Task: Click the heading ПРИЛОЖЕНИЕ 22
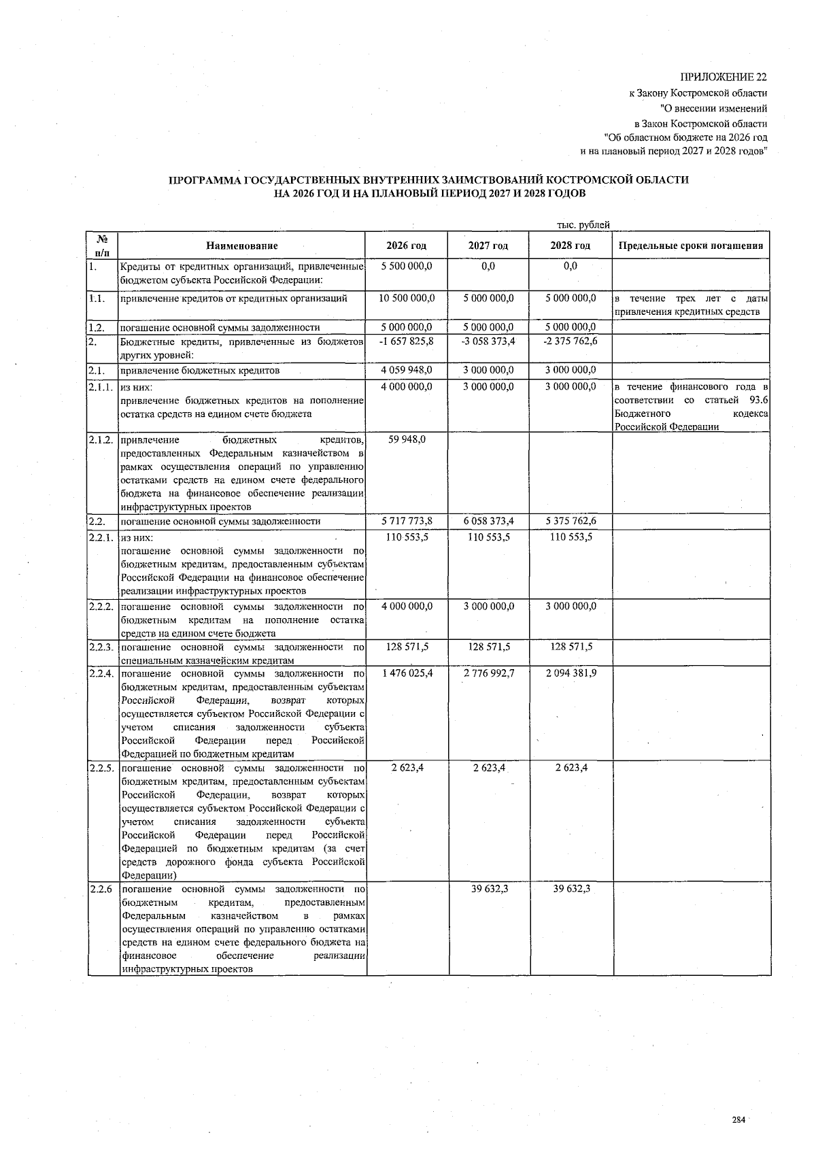724,77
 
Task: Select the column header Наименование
243,245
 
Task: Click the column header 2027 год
488,245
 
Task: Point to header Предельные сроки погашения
691,245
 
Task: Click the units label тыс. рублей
583,224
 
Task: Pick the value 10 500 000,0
407,298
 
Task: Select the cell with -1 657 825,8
407,341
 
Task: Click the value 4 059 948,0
407,371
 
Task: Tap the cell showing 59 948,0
407,439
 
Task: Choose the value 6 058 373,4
488,522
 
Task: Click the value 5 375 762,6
571,522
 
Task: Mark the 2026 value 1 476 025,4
407,673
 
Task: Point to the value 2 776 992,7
488,673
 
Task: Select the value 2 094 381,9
571,673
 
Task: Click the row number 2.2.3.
101,647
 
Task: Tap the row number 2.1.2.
101,440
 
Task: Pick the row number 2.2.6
100,889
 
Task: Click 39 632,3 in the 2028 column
571,889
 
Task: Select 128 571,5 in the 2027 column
488,647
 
